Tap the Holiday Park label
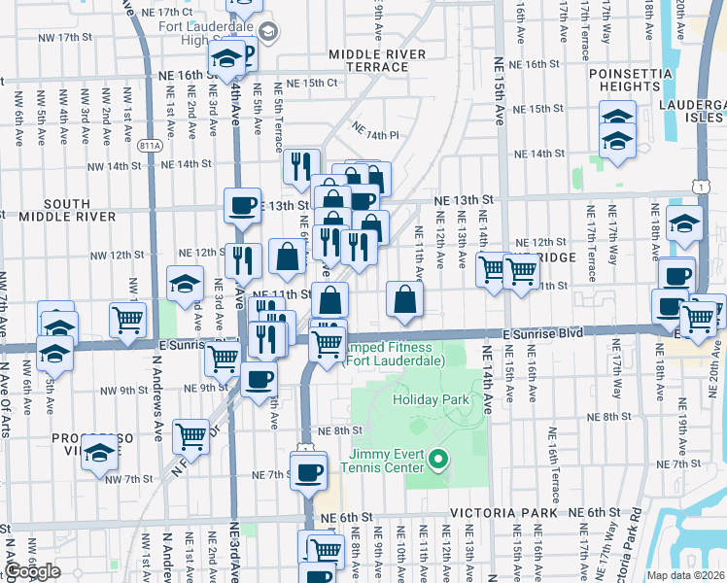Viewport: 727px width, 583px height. coord(430,399)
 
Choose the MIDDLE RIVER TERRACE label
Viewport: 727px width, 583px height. coord(368,60)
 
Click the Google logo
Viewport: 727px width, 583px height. coord(32,571)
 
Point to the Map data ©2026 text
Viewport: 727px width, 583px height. coord(684,575)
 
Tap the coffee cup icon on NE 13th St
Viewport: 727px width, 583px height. coord(242,205)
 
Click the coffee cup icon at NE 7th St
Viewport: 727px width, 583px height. coord(309,471)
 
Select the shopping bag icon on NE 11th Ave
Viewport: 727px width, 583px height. coord(404,299)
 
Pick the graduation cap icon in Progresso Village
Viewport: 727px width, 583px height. coord(99,454)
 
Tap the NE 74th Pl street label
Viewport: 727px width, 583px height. coord(376,131)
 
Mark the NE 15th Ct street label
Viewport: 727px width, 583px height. coord(304,84)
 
